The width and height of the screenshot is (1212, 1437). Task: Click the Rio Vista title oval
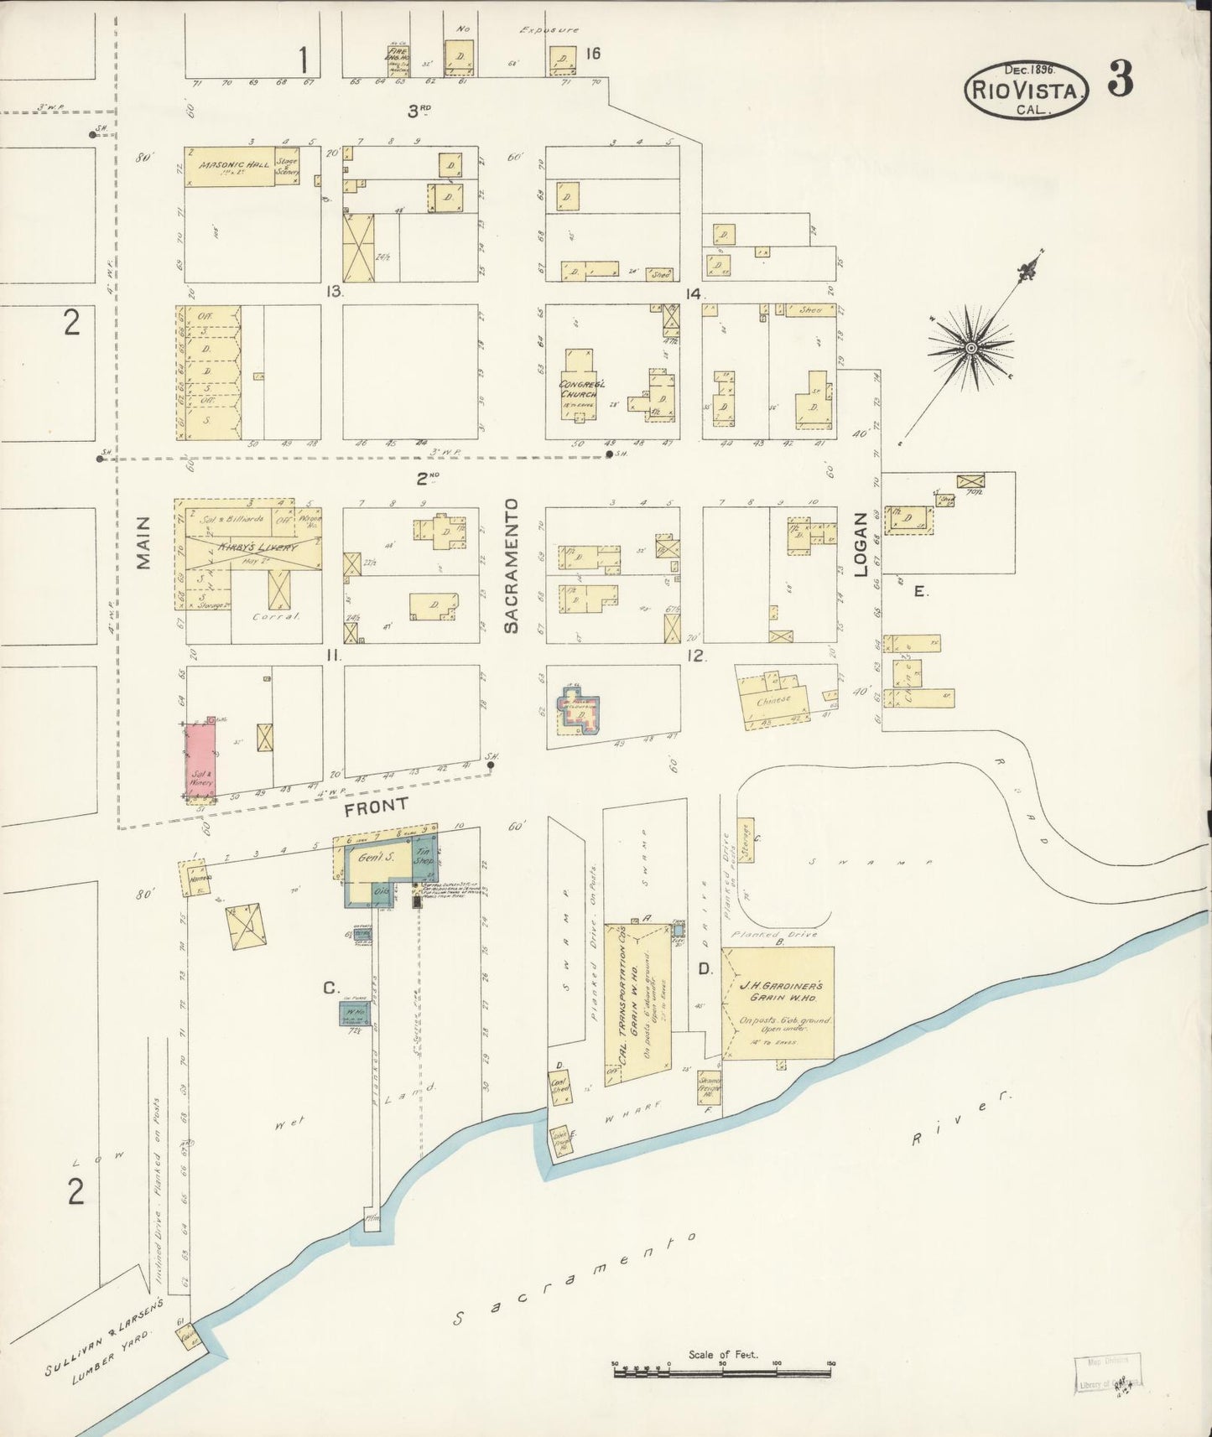[x=1027, y=91]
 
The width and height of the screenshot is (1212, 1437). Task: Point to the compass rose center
[x=970, y=348]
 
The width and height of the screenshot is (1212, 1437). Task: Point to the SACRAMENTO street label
[x=512, y=566]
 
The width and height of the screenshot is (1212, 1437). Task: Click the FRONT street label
[x=376, y=806]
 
